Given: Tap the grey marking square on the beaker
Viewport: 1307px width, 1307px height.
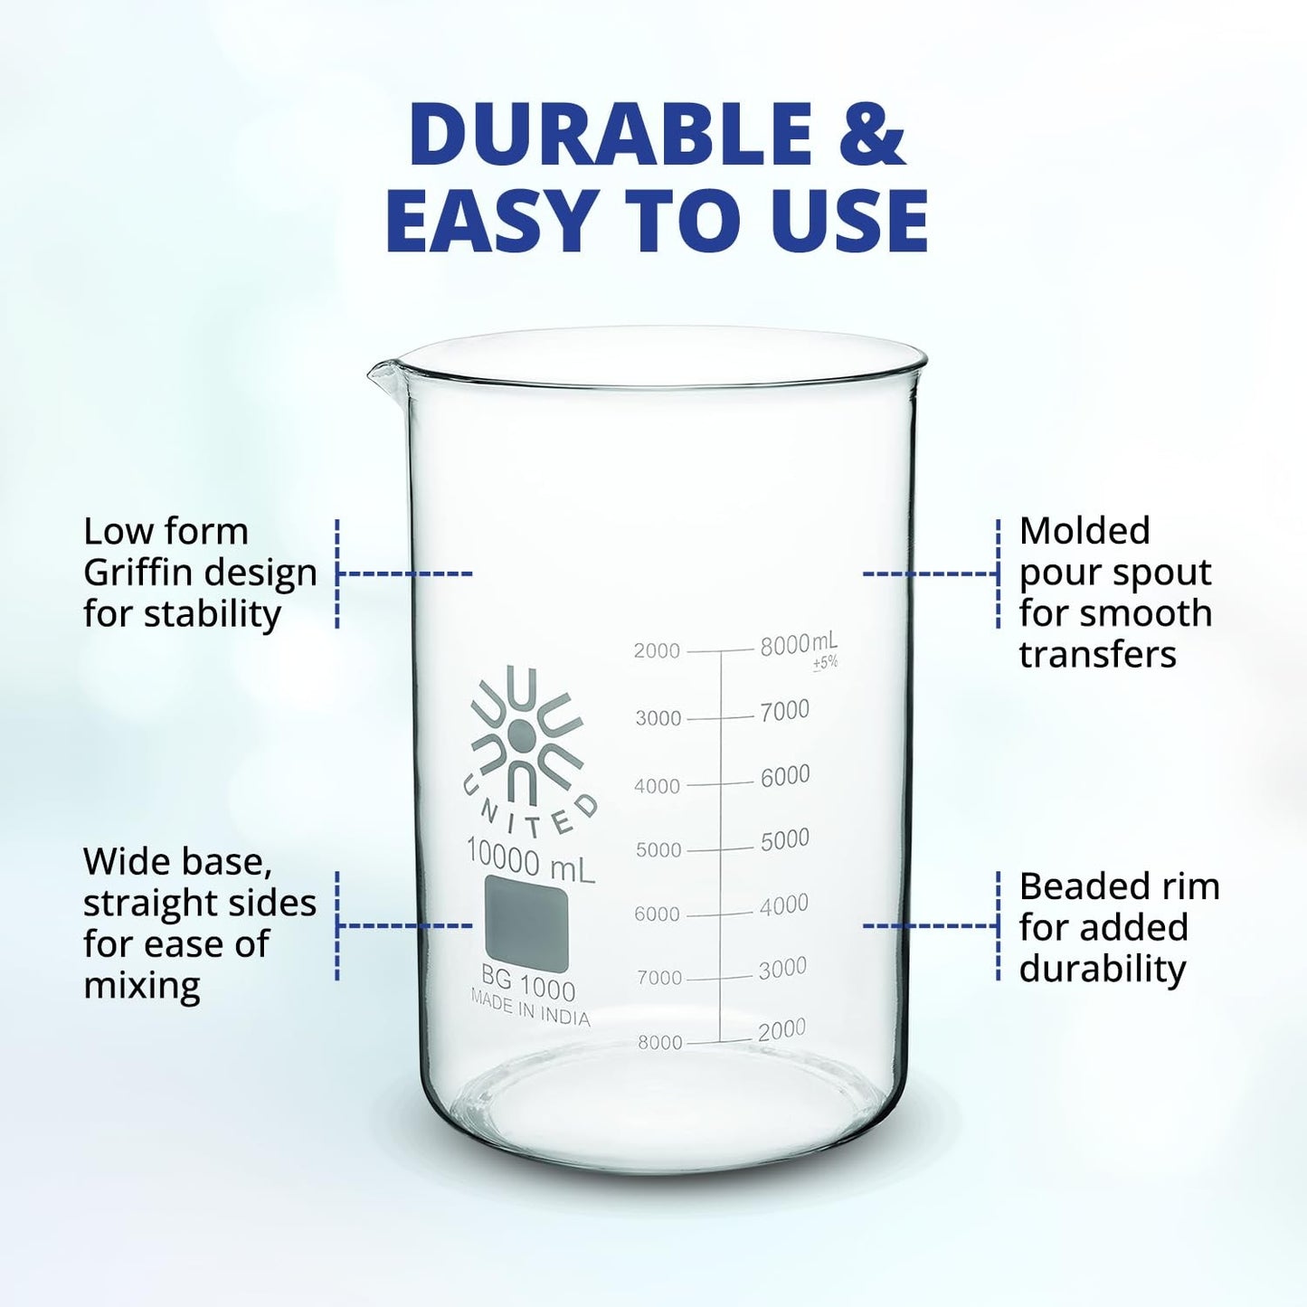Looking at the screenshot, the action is click(526, 923).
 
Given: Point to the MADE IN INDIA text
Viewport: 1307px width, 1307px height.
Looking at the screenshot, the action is click(530, 1009).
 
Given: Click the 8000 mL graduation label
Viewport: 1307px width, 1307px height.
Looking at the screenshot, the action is click(799, 644).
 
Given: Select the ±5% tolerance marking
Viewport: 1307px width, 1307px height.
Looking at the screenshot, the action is click(826, 663).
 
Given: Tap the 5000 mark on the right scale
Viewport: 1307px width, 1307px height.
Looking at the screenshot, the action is click(785, 839).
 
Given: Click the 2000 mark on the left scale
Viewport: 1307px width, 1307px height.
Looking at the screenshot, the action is click(657, 650).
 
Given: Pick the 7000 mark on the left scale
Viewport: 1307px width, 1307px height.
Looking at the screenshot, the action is click(659, 978).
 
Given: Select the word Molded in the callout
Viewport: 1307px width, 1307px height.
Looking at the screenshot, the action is click(1084, 531).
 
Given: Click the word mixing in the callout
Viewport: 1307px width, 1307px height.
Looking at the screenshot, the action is click(142, 987).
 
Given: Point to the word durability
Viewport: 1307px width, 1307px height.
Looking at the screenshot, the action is click(1103, 970).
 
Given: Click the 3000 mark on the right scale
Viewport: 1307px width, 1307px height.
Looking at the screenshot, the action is click(782, 969).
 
